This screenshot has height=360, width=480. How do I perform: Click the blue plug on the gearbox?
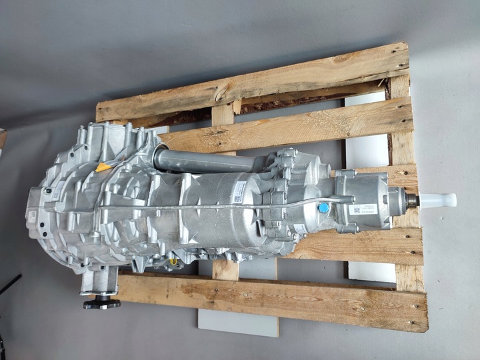[323, 208]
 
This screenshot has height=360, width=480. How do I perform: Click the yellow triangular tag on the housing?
[103, 165]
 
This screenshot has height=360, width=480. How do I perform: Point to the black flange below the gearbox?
[102, 303]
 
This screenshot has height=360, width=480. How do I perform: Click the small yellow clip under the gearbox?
[174, 262]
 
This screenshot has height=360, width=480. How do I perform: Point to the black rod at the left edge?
[9, 283]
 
